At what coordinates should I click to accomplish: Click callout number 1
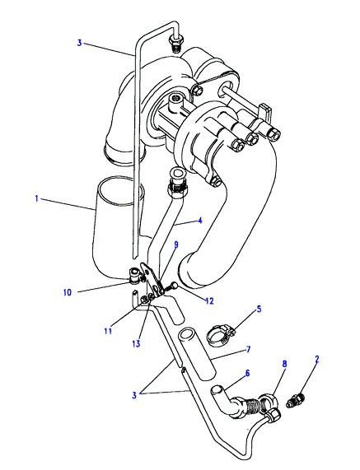[36, 198]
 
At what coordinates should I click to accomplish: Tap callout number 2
[317, 359]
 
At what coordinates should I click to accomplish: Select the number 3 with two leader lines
[134, 395]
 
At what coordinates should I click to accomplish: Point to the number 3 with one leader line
[80, 43]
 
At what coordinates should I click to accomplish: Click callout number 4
[200, 221]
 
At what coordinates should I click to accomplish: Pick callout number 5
[259, 309]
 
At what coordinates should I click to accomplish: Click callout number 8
[284, 364]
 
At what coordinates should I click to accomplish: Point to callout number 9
[176, 244]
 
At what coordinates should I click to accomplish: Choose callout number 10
[68, 292]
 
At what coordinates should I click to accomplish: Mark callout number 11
[108, 331]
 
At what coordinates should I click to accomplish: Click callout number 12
[209, 301]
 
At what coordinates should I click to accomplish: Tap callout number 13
[136, 343]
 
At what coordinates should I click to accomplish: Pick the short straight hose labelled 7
[197, 353]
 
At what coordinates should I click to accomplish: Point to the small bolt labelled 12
[171, 287]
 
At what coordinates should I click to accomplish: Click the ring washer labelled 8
[269, 403]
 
